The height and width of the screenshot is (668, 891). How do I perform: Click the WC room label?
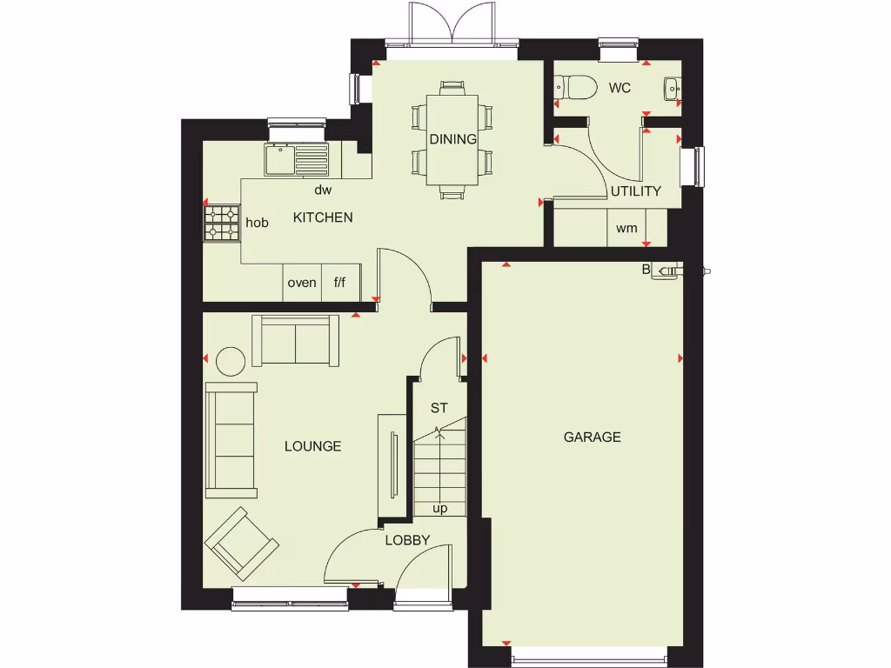[620, 88]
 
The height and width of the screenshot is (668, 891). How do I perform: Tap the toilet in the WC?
[575, 87]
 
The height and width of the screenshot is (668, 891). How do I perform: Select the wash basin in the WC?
[673, 88]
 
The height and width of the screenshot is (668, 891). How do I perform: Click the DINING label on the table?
[452, 139]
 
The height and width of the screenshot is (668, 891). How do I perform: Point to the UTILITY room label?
[635, 191]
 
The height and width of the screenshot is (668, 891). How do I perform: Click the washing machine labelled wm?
[626, 229]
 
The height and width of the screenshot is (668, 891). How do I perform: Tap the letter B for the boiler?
[646, 270]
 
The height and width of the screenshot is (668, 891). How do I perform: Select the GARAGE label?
[593, 437]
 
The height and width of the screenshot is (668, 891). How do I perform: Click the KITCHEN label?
[323, 217]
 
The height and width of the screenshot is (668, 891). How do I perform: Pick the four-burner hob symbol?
[221, 223]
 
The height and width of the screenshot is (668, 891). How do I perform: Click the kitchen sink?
[298, 159]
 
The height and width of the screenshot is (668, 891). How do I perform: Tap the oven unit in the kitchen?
[302, 283]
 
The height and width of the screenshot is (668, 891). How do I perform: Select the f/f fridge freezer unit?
[340, 283]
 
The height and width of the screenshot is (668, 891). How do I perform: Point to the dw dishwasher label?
[323, 190]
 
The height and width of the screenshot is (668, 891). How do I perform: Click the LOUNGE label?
[313, 446]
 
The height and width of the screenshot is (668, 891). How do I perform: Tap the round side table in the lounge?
[231, 360]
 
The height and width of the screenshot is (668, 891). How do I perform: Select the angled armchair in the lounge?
[241, 545]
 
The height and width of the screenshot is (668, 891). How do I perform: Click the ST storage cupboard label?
[439, 407]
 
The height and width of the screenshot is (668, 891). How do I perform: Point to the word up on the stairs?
[440, 509]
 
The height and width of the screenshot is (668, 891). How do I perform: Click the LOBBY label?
[408, 540]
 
